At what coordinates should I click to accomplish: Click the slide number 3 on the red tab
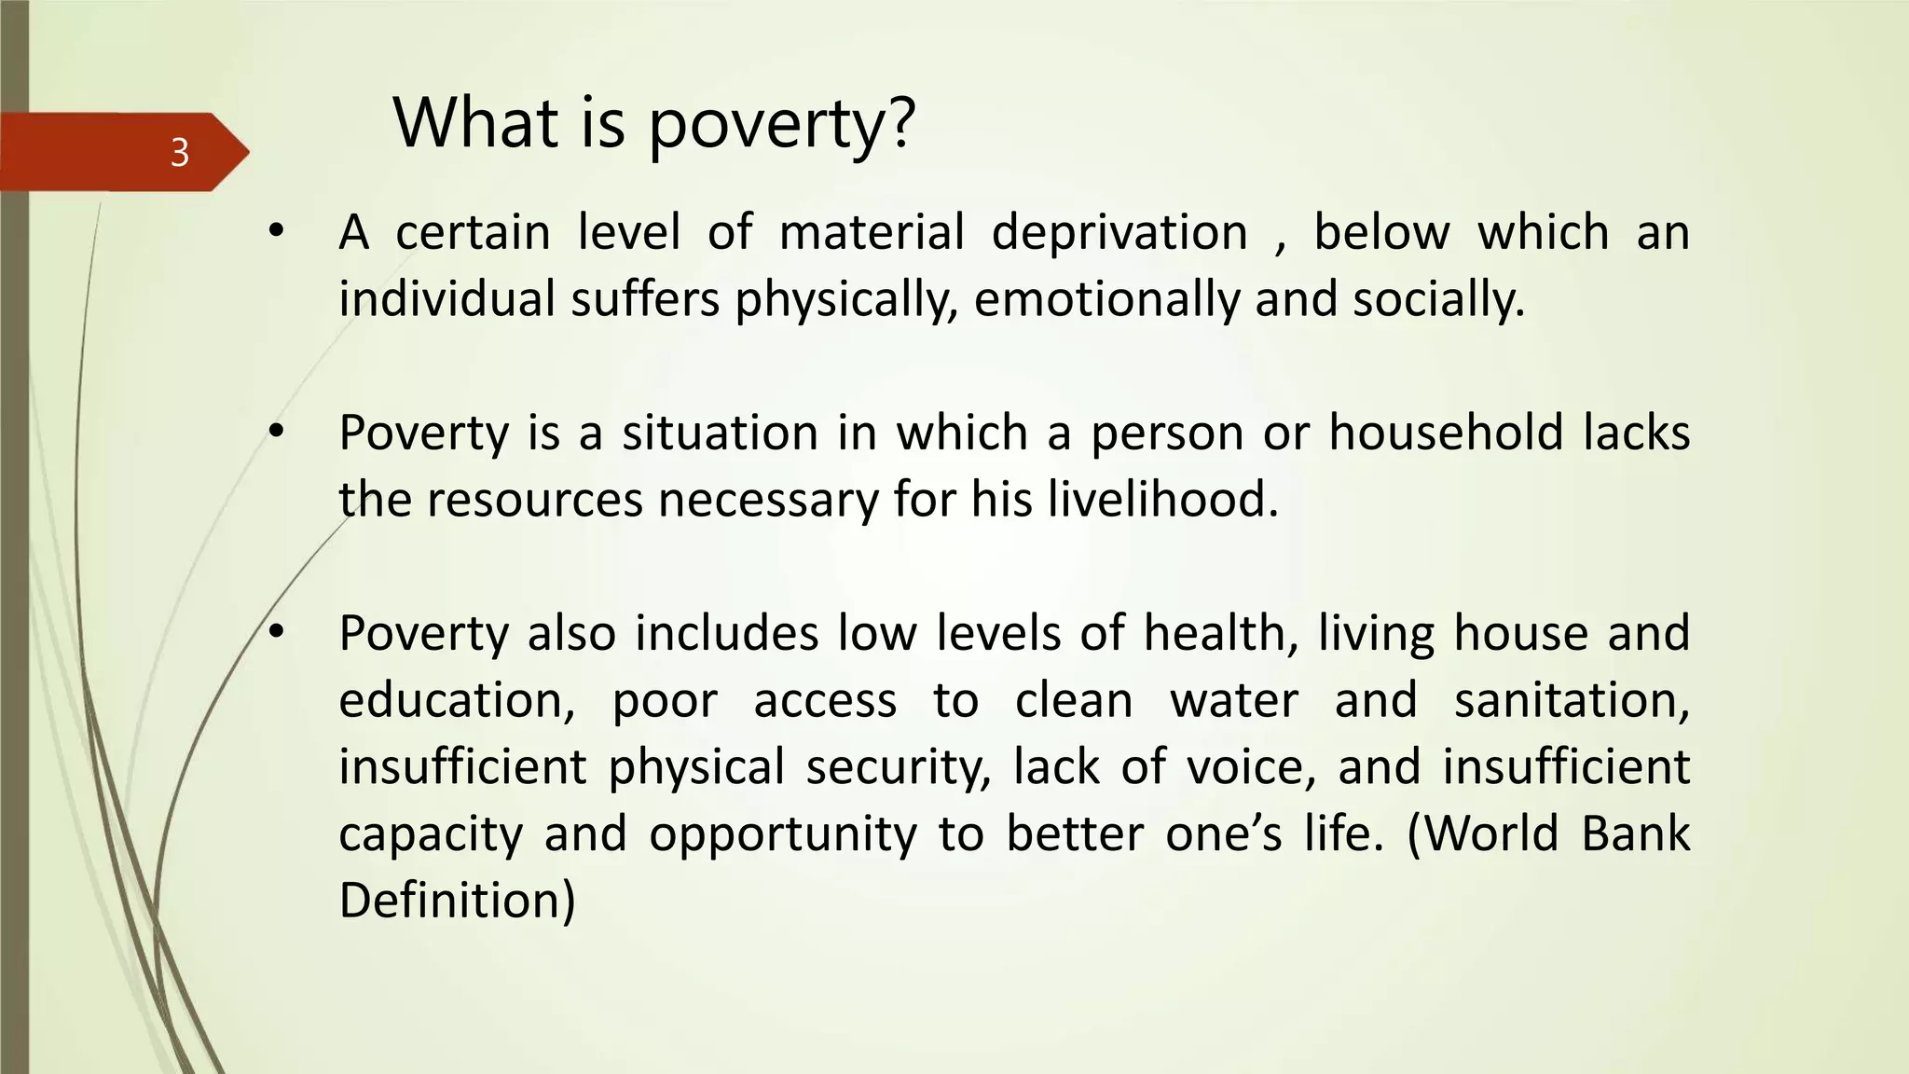[x=180, y=152]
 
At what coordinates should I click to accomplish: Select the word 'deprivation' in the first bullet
[x=1119, y=232]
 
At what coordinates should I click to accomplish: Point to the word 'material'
[x=872, y=232]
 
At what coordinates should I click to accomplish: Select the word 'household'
[x=1445, y=433]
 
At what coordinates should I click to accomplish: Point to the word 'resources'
[x=536, y=500]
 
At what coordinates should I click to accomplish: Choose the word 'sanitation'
[x=1572, y=700]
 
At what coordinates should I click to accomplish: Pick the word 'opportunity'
[x=783, y=834]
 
